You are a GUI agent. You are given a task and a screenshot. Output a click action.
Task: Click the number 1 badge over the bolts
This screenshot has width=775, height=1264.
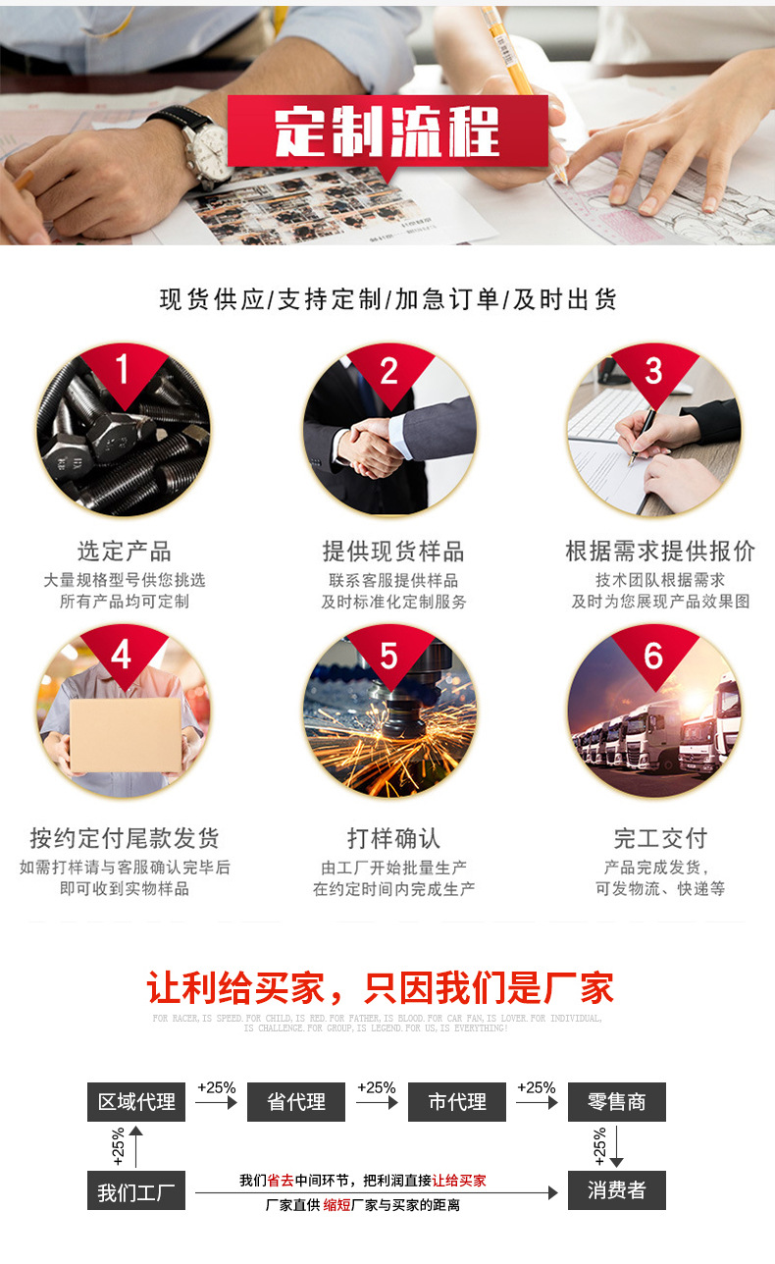click(123, 370)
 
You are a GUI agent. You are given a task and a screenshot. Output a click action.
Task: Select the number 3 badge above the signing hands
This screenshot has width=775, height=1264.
click(653, 371)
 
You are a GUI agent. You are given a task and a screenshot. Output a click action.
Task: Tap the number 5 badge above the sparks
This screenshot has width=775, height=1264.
click(388, 655)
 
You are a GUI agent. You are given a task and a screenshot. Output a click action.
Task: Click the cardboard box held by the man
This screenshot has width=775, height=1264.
click(125, 734)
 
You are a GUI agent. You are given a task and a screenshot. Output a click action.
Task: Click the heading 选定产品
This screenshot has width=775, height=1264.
click(124, 551)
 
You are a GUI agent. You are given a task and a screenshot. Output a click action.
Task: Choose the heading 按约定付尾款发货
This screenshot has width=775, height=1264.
click(124, 838)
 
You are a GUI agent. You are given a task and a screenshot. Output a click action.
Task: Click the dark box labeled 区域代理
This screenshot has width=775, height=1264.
click(136, 1102)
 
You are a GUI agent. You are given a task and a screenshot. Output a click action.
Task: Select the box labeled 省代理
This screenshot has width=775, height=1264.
click(296, 1102)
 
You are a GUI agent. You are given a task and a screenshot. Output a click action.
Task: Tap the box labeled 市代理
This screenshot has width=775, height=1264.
click(457, 1102)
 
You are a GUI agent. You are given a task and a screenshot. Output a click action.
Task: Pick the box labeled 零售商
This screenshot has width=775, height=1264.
click(617, 1102)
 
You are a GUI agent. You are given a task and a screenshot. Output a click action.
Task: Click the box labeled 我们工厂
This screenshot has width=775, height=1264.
click(136, 1191)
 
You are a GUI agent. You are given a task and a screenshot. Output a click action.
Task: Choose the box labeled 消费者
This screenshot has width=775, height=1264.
click(617, 1190)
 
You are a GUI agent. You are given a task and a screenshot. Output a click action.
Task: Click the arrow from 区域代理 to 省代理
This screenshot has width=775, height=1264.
click(216, 1102)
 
